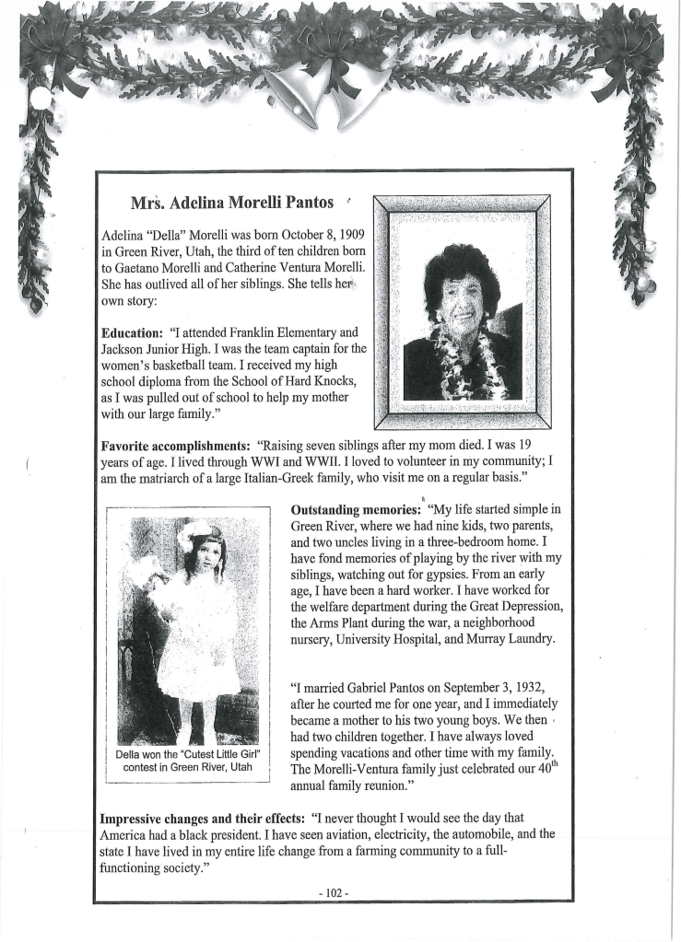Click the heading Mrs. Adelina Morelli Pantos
[231, 202]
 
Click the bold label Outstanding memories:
[356, 508]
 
